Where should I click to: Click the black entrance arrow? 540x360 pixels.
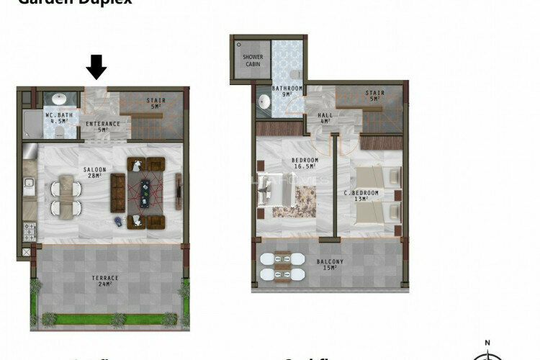96,68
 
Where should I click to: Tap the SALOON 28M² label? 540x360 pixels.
96,173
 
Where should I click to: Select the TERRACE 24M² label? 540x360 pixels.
105,281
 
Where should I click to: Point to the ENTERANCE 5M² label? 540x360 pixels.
103,127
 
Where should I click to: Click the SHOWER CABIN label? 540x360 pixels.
253,60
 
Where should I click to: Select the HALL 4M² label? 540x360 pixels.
324,117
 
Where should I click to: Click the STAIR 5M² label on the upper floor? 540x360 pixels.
375,96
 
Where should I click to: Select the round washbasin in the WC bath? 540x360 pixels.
58,99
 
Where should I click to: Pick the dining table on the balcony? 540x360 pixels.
276,266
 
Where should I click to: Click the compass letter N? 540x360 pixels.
487,343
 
